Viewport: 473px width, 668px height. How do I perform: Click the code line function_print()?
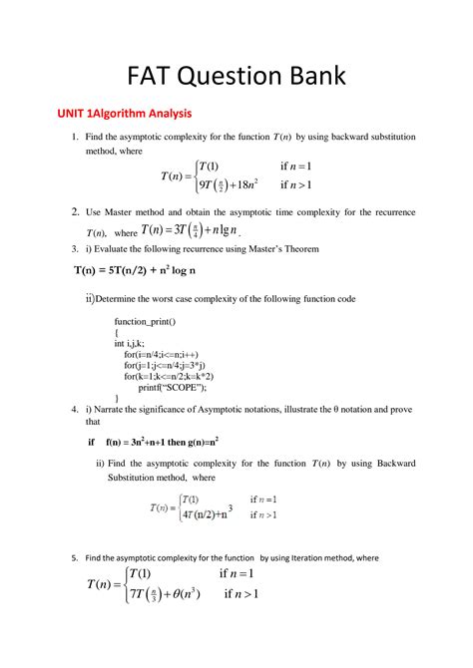(145, 322)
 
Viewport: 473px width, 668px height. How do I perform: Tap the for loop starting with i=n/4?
(165, 354)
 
